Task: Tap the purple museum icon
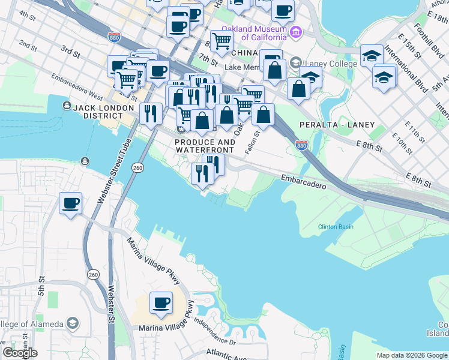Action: tap(295, 31)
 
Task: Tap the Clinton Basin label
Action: tap(335, 227)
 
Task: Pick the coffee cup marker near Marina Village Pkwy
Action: tap(160, 302)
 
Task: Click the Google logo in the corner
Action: tap(20, 353)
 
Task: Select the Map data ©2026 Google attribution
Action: tap(411, 355)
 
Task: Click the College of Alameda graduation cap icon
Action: tap(72, 324)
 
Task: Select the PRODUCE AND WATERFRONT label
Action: tap(206, 145)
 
